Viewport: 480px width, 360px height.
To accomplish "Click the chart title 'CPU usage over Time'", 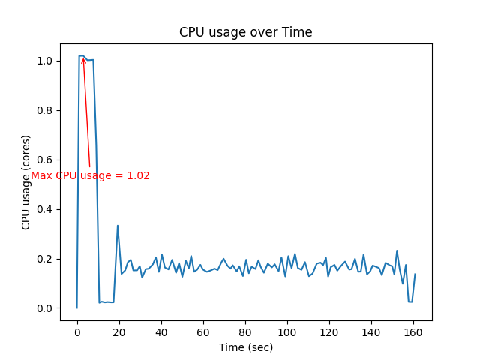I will coord(245,32).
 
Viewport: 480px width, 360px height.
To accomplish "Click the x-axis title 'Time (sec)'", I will coord(245,347).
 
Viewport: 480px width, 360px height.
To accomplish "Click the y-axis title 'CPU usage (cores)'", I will coord(26,182).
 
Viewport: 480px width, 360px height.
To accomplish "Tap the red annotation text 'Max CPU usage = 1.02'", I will coord(90,176).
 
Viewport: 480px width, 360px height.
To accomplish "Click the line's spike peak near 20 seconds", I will coord(117,225).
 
